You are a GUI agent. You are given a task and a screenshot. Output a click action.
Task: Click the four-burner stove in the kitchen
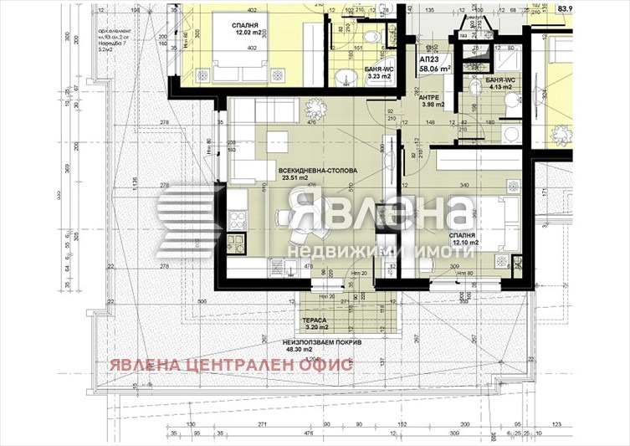click(x=237, y=219)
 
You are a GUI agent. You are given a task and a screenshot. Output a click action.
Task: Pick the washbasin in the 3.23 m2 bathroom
click(x=343, y=77)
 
